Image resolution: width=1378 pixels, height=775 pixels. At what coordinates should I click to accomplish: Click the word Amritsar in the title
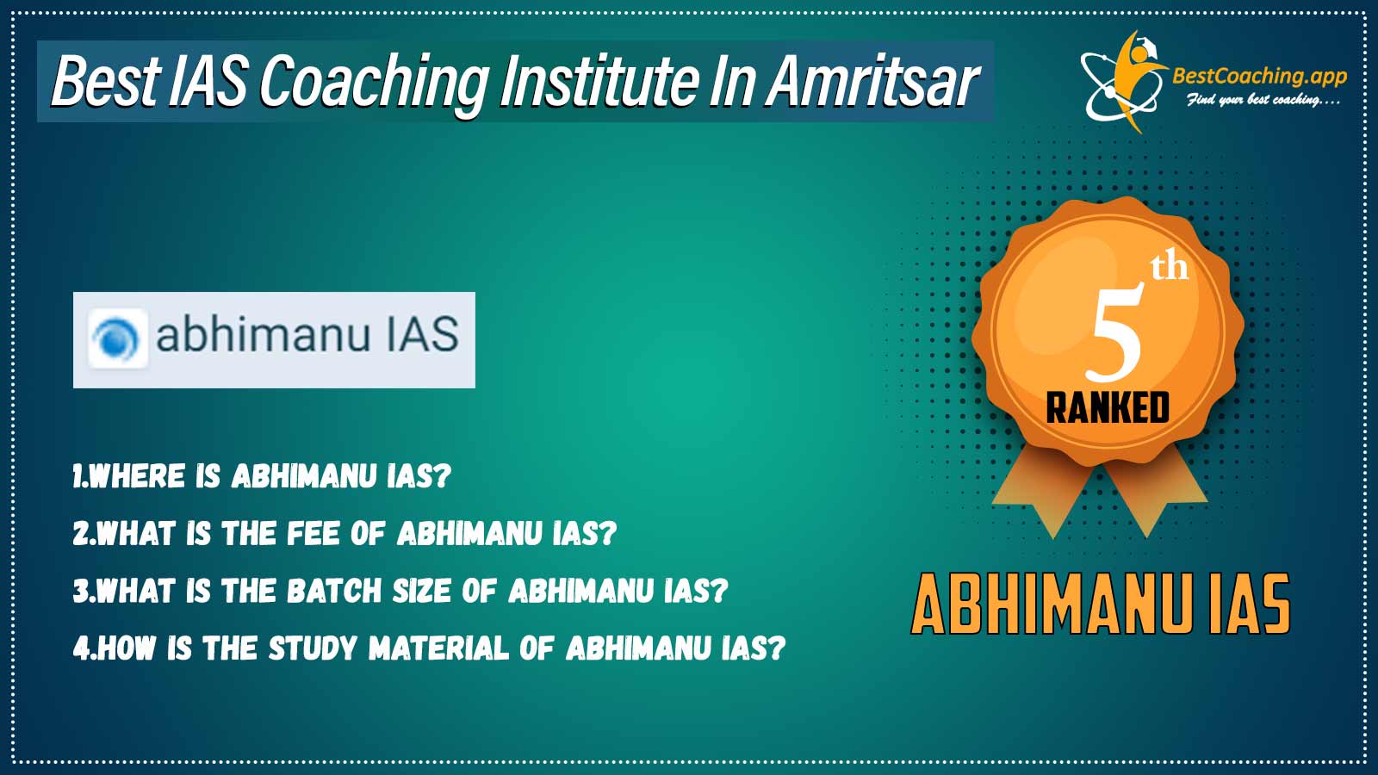coord(872,81)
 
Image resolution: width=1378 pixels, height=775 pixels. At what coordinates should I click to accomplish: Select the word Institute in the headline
coord(599,81)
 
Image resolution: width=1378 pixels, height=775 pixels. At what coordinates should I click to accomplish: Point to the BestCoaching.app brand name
coord(1259,77)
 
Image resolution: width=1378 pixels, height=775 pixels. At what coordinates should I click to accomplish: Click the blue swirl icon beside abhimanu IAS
coord(117,339)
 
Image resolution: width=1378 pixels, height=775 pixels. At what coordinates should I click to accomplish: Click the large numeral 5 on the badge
coord(1114,332)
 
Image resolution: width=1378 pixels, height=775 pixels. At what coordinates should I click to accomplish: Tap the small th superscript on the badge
coord(1170,268)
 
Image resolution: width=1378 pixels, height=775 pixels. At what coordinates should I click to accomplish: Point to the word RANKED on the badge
coord(1108,408)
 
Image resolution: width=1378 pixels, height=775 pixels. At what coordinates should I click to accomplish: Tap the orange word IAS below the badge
coord(1248,604)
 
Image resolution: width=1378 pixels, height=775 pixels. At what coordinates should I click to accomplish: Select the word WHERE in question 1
coord(137,476)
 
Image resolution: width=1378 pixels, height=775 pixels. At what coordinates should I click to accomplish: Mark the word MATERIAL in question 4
coord(439,648)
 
